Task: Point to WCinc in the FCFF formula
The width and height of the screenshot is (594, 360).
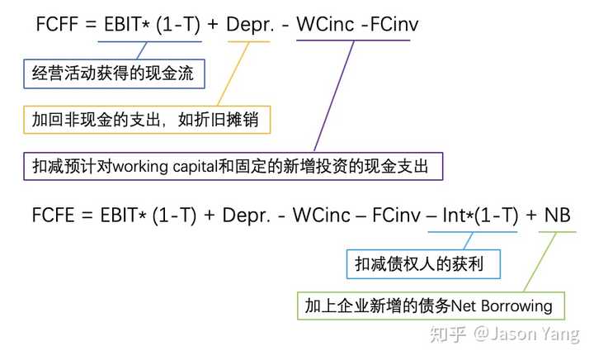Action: (323, 25)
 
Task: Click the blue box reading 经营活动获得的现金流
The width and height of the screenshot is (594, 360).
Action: (114, 74)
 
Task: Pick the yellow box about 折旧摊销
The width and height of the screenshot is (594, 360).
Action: (145, 120)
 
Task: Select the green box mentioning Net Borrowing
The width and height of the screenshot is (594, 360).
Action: (429, 306)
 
